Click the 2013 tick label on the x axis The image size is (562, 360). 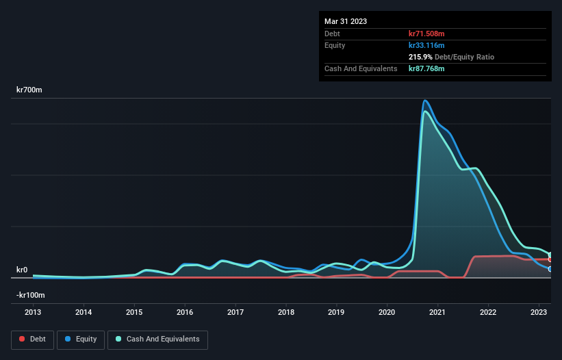[x=33, y=311]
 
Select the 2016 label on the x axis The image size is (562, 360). [x=185, y=311]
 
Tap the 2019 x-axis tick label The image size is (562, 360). [x=336, y=311]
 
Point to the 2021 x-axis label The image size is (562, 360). [x=437, y=311]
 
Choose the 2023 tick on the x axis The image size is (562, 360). [x=539, y=311]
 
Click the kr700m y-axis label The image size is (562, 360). [x=30, y=90]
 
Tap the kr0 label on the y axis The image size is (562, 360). [x=22, y=270]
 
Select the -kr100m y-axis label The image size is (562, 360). [x=31, y=295]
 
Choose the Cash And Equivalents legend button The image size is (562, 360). [x=157, y=339]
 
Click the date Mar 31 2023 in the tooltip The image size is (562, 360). [x=346, y=21]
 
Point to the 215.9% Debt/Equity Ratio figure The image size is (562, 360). [x=451, y=57]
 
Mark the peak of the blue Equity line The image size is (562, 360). [x=425, y=101]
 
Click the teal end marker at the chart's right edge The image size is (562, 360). [x=550, y=255]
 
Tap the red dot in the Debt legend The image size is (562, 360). [x=23, y=339]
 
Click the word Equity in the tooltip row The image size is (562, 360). [x=335, y=45]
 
